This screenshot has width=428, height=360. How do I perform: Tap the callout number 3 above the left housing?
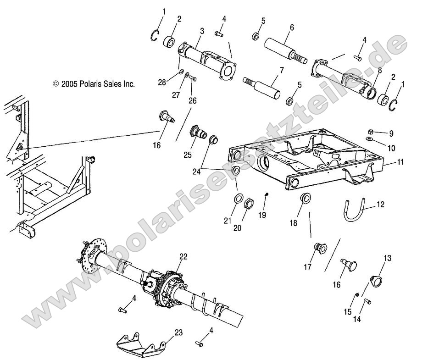click(202, 31)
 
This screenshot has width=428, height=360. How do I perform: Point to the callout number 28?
click(162, 83)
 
